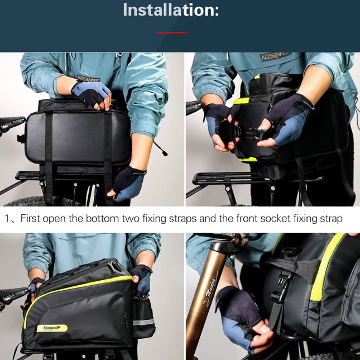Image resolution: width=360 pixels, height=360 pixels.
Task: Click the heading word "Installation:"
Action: [171, 10]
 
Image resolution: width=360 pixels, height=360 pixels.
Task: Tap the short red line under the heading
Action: [171, 33]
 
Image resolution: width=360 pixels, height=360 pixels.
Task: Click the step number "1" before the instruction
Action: [7, 219]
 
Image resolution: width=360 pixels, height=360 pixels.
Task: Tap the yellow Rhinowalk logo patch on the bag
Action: [51, 328]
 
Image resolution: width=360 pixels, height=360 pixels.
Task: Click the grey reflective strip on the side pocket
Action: [143, 322]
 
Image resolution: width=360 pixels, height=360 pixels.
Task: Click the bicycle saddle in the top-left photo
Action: [11, 123]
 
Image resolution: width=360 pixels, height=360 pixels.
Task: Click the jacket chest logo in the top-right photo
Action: [275, 57]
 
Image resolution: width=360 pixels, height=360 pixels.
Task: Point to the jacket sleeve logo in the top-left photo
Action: [88, 79]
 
